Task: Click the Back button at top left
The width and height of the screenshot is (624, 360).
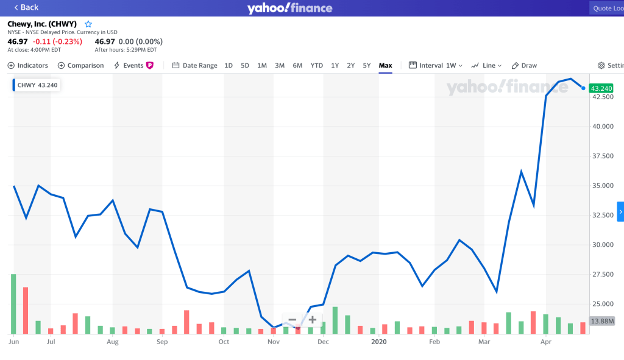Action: [26, 7]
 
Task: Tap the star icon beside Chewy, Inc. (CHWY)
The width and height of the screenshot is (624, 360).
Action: [88, 24]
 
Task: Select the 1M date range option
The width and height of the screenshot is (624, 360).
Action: [262, 65]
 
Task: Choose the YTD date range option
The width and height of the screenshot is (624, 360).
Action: [317, 65]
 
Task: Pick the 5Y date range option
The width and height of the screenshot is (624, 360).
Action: [367, 65]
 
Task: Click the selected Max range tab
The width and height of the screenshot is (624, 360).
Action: [385, 65]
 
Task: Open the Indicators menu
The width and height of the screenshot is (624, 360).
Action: [28, 65]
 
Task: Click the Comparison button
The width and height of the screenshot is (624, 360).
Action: [81, 65]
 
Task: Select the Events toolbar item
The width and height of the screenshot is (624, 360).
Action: [133, 65]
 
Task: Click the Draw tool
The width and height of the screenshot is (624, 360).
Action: [525, 65]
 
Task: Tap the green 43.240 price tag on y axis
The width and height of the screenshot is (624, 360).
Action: [601, 88]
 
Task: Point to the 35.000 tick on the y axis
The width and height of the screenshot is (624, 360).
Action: [602, 186]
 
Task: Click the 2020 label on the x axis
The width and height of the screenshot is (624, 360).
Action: [378, 342]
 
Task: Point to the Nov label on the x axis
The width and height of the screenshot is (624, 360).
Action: [273, 342]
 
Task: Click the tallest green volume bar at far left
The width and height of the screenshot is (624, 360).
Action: [13, 304]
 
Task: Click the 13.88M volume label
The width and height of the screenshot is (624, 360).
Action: [602, 321]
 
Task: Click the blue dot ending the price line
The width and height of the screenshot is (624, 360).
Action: [583, 88]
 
